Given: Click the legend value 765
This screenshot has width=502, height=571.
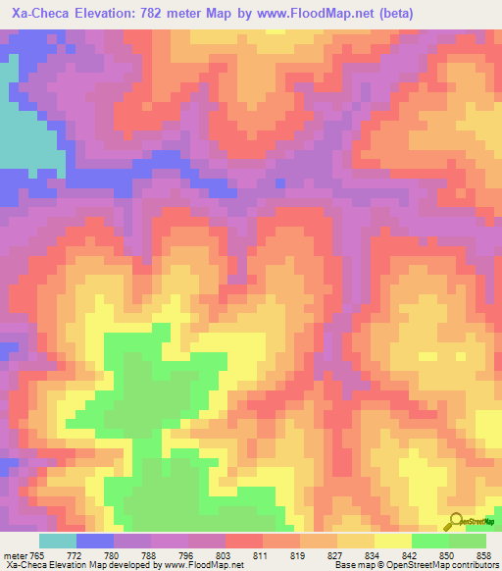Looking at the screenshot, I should click(37, 554).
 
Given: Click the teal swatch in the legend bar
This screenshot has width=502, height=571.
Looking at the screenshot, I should click(58, 541).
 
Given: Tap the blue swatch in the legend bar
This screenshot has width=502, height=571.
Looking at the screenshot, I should click(95, 541).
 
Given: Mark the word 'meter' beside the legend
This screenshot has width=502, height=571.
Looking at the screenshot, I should click(15, 554).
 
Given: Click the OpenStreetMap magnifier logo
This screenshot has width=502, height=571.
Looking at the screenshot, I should click(456, 521).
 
